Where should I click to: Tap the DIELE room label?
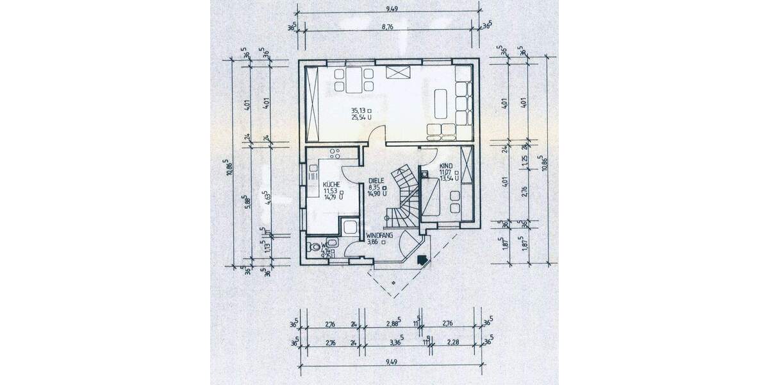tap(376, 181)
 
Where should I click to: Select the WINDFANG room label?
tap(379, 235)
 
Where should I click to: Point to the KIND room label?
tap(445, 166)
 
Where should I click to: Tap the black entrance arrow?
tap(421, 259)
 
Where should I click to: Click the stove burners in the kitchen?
tap(334, 154)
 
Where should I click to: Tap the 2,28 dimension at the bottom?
tap(454, 343)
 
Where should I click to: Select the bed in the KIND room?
tap(431, 196)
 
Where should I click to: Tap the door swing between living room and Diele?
tap(378, 135)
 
